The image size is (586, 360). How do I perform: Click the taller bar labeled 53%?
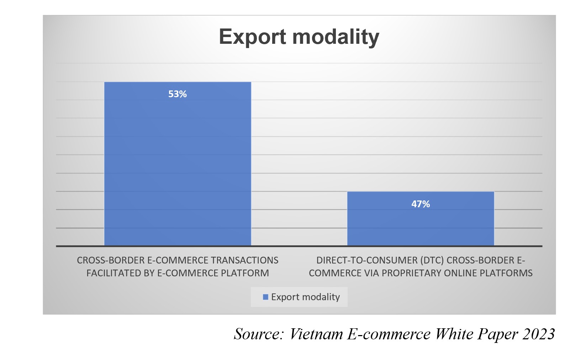pos(178,164)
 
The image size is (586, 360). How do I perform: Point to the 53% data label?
pos(178,94)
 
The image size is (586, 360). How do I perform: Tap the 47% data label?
pos(421,204)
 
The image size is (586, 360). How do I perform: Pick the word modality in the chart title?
pos(336,37)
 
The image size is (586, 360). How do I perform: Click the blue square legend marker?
pos(265,297)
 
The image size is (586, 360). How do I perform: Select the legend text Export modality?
pos(305,297)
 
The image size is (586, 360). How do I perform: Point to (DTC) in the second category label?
pos(432,260)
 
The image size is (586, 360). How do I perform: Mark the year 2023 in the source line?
pos(538,334)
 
